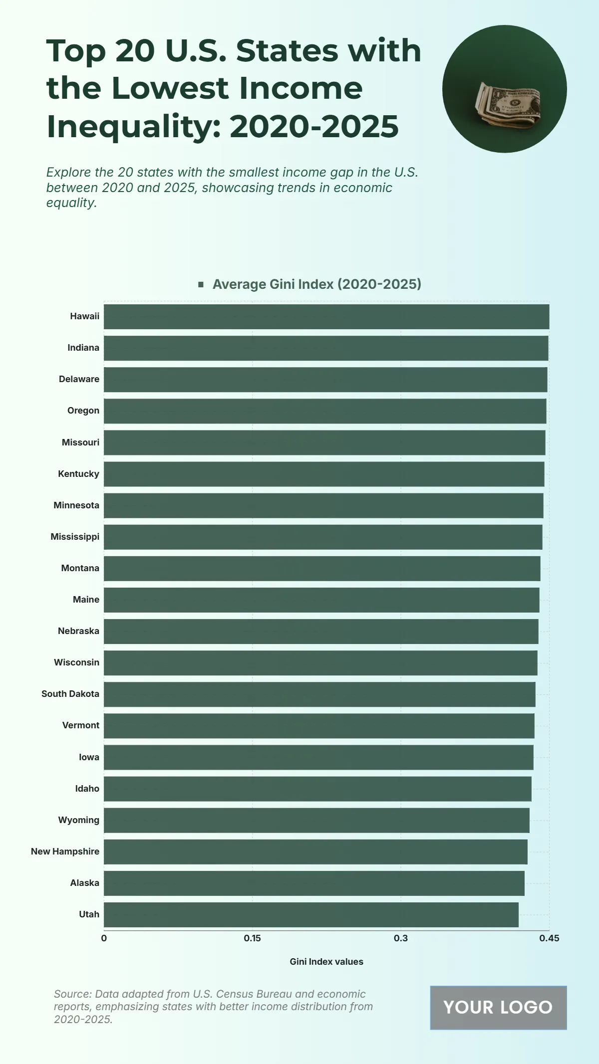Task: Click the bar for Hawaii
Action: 326,317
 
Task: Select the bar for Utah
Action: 311,915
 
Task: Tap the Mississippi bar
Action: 323,537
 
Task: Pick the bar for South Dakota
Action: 319,694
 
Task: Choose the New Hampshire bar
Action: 315,852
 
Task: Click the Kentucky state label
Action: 78,474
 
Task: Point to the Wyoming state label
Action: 78,820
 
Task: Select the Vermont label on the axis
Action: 80,725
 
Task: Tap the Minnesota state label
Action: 76,505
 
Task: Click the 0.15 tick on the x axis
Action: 252,938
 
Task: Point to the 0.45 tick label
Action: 549,938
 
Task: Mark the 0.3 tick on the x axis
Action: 400,938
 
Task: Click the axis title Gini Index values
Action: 326,962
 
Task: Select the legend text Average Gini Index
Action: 317,284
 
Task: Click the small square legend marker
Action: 201,284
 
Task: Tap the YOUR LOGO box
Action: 498,1008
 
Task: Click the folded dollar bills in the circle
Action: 508,106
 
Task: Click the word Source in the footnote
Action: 72,994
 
